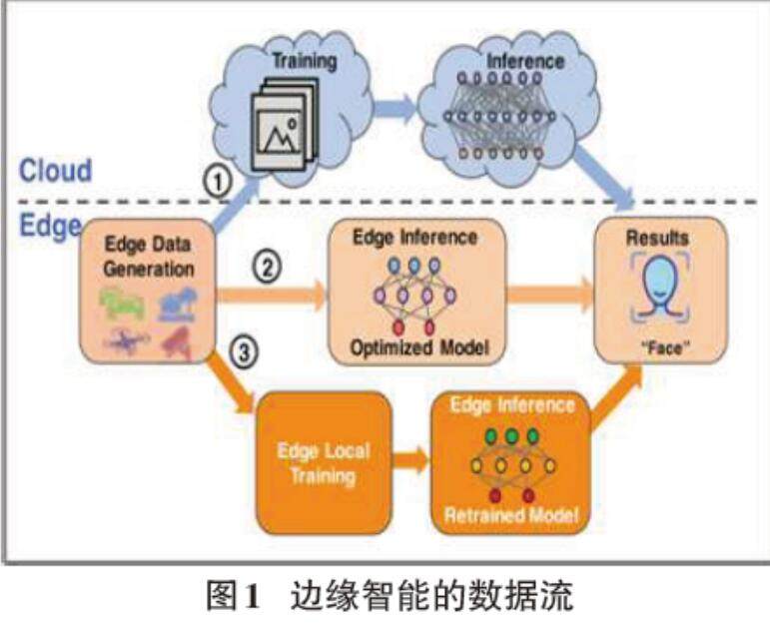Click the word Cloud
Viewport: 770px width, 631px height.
(56, 169)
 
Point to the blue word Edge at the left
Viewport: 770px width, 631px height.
(49, 224)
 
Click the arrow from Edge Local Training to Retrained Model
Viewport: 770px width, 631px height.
(409, 462)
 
